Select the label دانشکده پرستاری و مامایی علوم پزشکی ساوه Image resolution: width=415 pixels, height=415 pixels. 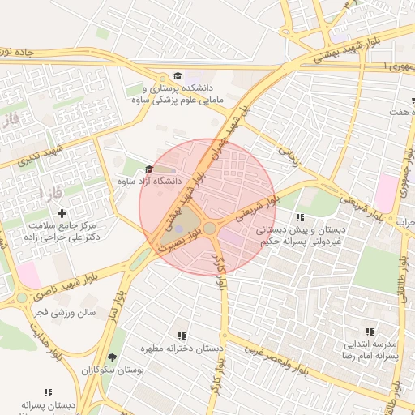[182, 93]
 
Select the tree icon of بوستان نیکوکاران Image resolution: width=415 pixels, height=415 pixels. [111, 357]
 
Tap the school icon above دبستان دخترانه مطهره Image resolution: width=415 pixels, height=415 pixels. [181, 336]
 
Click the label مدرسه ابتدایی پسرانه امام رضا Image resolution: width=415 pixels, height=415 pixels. [370, 349]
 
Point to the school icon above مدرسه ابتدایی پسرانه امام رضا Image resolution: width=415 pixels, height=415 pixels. [370, 332]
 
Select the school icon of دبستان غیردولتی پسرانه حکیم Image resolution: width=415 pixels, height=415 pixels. [300, 217]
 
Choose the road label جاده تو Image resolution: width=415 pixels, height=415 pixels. [18, 51]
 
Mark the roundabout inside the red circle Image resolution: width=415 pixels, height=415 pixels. [210, 229]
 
